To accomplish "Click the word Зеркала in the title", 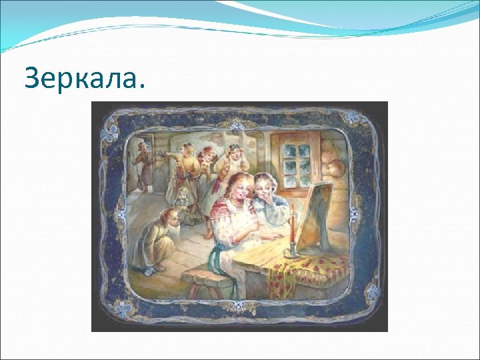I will pos(83,79).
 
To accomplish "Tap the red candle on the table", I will pos(291,227).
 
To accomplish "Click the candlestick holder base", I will pos(291,253).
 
